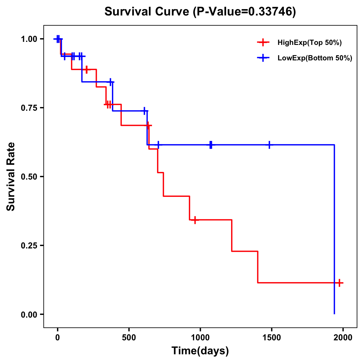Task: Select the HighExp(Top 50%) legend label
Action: coord(309,43)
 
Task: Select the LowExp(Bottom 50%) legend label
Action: coord(315,58)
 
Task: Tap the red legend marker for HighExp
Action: coord(263,42)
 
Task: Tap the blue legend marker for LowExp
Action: coord(263,58)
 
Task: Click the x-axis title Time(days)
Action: coord(200,351)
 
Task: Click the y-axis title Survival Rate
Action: coord(11,177)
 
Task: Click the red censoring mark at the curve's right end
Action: coord(339,283)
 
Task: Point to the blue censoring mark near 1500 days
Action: coord(269,145)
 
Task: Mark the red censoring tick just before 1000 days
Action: coord(195,220)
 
